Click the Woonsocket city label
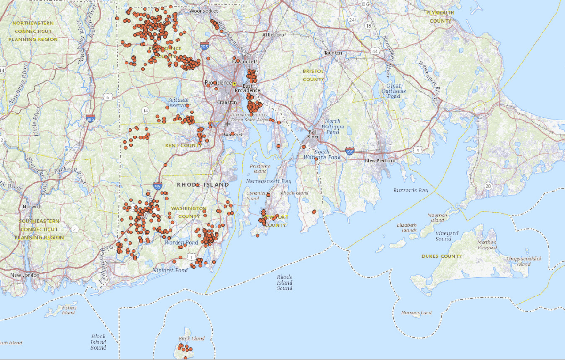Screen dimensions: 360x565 [202, 11]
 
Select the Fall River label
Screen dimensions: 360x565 [313, 135]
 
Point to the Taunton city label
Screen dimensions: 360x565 [333, 53]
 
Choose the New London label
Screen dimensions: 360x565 [25, 275]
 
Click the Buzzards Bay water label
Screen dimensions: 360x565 [411, 190]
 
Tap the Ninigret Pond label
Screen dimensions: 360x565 [170, 270]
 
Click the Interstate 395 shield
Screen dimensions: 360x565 [90, 119]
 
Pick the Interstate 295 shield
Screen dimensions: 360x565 [204, 47]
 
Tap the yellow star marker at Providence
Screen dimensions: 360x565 [234, 83]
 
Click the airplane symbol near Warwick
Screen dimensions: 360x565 [228, 124]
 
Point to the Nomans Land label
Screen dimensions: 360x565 [416, 312]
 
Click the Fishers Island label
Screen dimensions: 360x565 [68, 310]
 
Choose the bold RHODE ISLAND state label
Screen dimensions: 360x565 [203, 184]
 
